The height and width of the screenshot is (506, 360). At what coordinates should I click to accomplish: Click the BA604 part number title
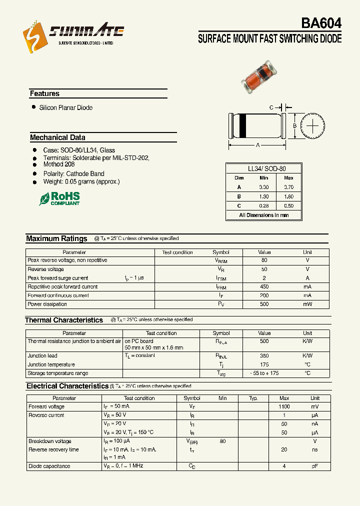tap(321, 23)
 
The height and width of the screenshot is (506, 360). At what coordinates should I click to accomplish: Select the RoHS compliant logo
tap(59, 198)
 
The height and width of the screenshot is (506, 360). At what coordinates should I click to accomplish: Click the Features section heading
tap(44, 93)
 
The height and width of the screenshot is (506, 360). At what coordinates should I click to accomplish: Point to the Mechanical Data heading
tap(57, 137)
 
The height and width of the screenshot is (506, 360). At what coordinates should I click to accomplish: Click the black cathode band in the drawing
tap(242, 125)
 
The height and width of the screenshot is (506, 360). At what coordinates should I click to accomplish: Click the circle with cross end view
tap(312, 126)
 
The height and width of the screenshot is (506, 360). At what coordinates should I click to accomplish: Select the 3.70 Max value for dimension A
tap(288, 187)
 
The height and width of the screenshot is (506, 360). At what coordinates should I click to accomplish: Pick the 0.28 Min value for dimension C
tap(263, 205)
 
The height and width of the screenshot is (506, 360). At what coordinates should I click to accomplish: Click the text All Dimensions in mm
tap(263, 215)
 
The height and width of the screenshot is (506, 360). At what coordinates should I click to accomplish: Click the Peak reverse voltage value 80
tap(264, 260)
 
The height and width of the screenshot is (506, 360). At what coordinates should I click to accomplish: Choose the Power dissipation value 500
tap(264, 304)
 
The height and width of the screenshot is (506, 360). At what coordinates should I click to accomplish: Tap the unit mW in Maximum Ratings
tap(307, 304)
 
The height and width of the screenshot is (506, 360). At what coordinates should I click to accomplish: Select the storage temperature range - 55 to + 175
tap(264, 373)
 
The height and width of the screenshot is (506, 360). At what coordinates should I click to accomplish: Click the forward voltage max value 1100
tap(284, 407)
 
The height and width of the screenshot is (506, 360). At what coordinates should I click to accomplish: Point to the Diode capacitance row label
tap(49, 466)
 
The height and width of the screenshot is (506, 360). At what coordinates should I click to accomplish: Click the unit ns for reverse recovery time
tap(314, 449)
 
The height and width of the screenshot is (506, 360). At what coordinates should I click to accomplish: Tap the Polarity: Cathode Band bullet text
tap(73, 173)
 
